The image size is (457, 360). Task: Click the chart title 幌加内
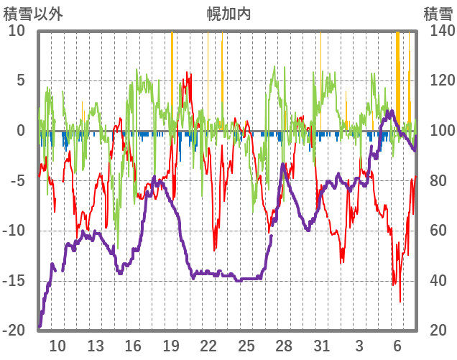(x=228, y=14)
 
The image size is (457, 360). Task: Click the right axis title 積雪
(x=438, y=14)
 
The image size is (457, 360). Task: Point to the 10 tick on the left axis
(x=17, y=31)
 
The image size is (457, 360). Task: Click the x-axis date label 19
(x=171, y=346)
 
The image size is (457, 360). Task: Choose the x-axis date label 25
(x=246, y=346)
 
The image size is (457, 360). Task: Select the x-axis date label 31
(x=322, y=346)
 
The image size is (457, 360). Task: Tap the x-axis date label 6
(x=397, y=346)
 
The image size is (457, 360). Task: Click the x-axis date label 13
(x=96, y=346)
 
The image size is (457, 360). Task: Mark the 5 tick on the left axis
(x=20, y=80)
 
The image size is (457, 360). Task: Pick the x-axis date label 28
(x=284, y=346)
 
